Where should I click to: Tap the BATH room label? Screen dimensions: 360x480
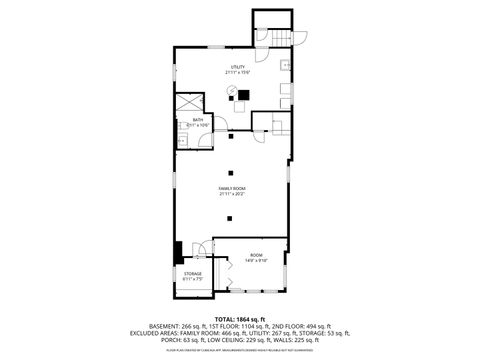pyautogui.click(x=197, y=119)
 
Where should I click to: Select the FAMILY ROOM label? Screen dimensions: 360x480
pyautogui.click(x=233, y=188)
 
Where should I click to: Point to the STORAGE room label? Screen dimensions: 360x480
pyautogui.click(x=193, y=272)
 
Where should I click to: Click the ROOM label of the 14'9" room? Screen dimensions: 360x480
pyautogui.click(x=256, y=254)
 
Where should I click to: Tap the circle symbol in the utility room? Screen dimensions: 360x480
pyautogui.click(x=231, y=92)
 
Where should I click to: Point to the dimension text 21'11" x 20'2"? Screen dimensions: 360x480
pyautogui.click(x=233, y=194)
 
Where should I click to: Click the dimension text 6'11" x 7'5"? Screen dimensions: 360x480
pyautogui.click(x=193, y=278)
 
